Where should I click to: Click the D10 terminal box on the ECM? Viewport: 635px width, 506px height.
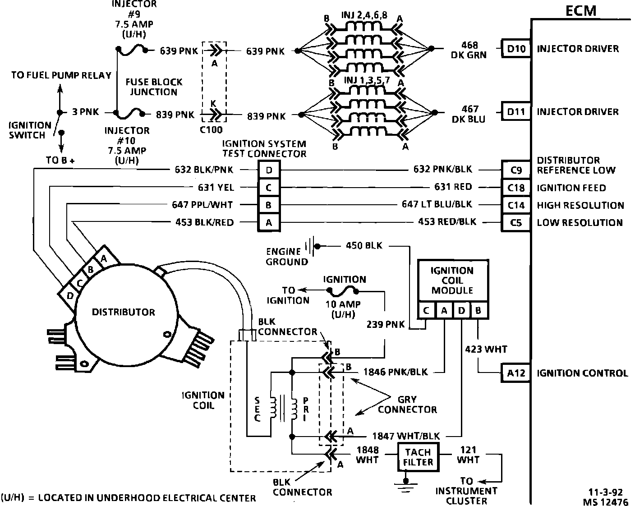[x=516, y=49]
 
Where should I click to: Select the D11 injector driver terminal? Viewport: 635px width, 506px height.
[x=516, y=111]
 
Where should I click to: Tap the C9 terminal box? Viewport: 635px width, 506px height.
[x=516, y=170]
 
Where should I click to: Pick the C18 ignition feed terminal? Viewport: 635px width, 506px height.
[x=516, y=188]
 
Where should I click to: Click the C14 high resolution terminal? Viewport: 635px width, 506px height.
[x=516, y=205]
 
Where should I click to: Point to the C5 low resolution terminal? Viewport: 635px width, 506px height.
[x=516, y=222]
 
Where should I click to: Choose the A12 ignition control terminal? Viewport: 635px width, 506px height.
[x=516, y=373]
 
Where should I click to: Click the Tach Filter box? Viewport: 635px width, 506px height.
[x=418, y=457]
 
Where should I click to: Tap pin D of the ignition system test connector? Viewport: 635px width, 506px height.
[x=269, y=170]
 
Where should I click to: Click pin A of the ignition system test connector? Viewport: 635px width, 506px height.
[x=269, y=222]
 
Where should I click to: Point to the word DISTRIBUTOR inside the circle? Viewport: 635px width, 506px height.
[x=123, y=312]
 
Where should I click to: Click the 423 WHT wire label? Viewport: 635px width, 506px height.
[x=486, y=349]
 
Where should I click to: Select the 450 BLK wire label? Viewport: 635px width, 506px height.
[x=364, y=246]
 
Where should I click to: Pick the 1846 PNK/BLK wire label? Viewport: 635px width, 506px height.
[x=396, y=373]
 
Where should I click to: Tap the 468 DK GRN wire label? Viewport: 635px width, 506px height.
[x=469, y=50]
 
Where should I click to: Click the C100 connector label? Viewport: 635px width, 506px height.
[x=211, y=130]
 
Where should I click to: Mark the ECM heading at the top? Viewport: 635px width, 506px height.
[x=581, y=10]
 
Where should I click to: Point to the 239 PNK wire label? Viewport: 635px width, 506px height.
[x=386, y=324]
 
